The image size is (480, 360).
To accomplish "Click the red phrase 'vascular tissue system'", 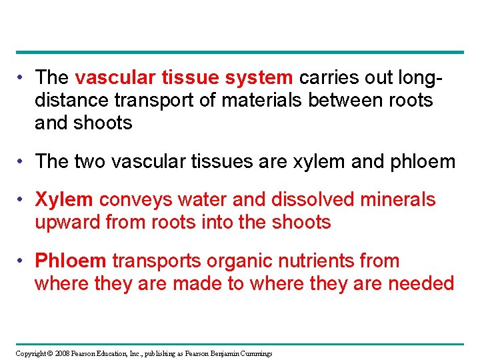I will coord(183,78).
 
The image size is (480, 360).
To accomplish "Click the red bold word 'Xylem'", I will coord(63,199).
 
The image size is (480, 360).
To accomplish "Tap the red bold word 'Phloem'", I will coord(70,261).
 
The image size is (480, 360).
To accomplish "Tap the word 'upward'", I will coord(67,222).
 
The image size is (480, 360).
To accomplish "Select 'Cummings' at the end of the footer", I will coord(256,353).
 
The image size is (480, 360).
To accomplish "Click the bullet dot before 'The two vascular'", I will coord(23,162).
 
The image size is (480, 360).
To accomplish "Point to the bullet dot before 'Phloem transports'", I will coord(23,261).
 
